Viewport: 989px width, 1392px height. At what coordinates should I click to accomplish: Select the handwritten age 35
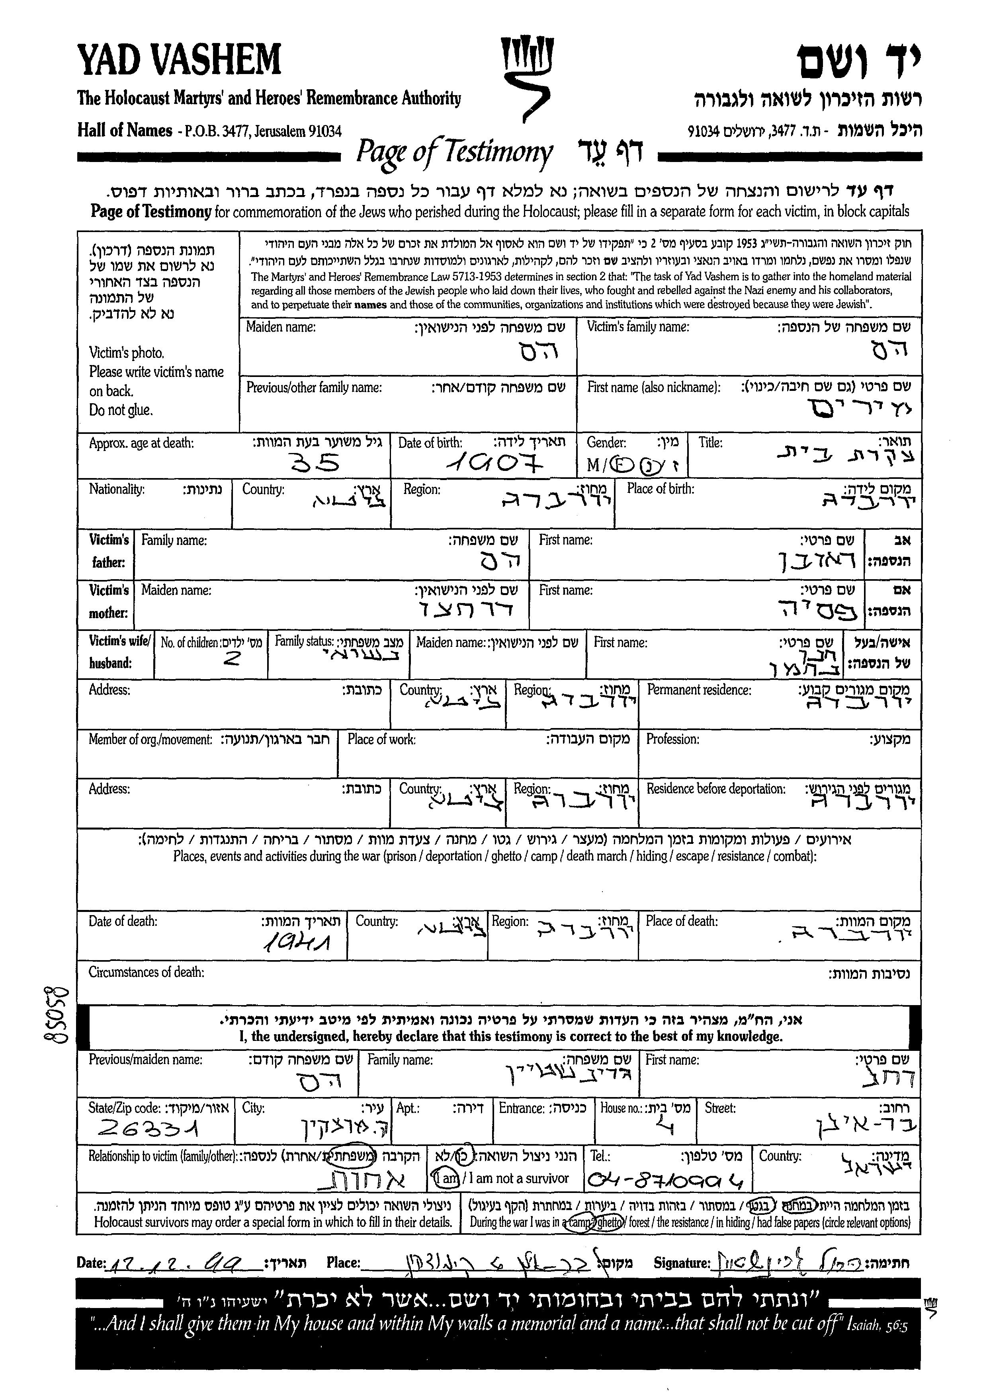tap(315, 465)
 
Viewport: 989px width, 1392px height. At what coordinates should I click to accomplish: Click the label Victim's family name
tap(637, 327)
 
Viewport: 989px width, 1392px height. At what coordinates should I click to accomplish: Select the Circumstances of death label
tap(146, 972)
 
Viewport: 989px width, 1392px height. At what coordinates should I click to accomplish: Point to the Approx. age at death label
tap(141, 443)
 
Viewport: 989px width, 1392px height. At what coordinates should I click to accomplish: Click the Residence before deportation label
tap(715, 789)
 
